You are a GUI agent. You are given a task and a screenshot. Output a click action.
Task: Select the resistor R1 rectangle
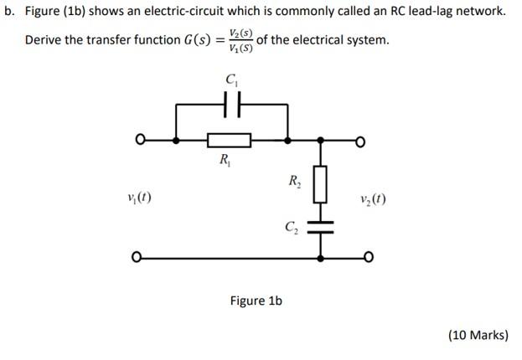229,140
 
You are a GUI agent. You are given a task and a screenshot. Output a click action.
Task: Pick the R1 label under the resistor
225,159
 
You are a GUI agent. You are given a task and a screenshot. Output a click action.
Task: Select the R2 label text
295,182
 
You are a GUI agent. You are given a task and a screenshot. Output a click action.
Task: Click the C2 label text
292,227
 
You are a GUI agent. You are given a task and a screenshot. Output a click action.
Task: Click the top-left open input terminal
142,140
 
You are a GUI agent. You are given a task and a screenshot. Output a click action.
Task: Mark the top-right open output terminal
361,140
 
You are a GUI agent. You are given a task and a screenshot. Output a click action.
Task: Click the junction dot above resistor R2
320,140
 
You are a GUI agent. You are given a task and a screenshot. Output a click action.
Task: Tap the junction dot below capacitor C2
320,257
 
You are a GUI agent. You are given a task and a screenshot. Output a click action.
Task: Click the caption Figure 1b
256,301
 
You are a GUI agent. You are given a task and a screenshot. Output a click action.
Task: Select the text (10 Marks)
478,335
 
